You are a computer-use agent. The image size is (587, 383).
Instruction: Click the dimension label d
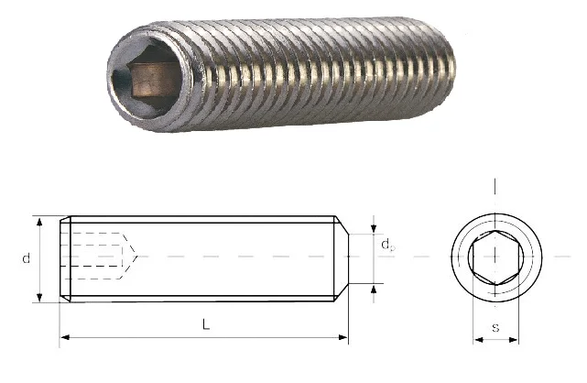27,258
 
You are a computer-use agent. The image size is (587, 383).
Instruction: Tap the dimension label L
206,324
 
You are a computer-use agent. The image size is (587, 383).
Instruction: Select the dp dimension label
388,246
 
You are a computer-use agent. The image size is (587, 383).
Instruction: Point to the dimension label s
495,328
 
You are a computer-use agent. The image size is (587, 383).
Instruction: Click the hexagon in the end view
473,257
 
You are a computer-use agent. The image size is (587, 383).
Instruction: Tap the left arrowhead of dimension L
65,337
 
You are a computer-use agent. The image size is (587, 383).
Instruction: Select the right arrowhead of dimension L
343,337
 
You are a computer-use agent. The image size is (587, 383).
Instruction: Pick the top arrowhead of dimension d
39,221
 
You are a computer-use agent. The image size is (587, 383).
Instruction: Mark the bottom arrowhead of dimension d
39,297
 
